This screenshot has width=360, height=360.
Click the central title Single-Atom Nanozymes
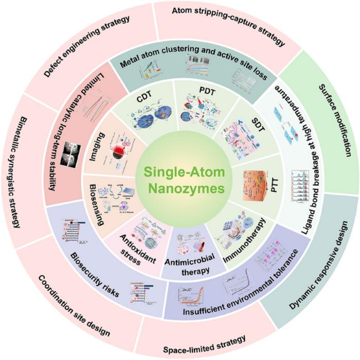click(180, 179)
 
